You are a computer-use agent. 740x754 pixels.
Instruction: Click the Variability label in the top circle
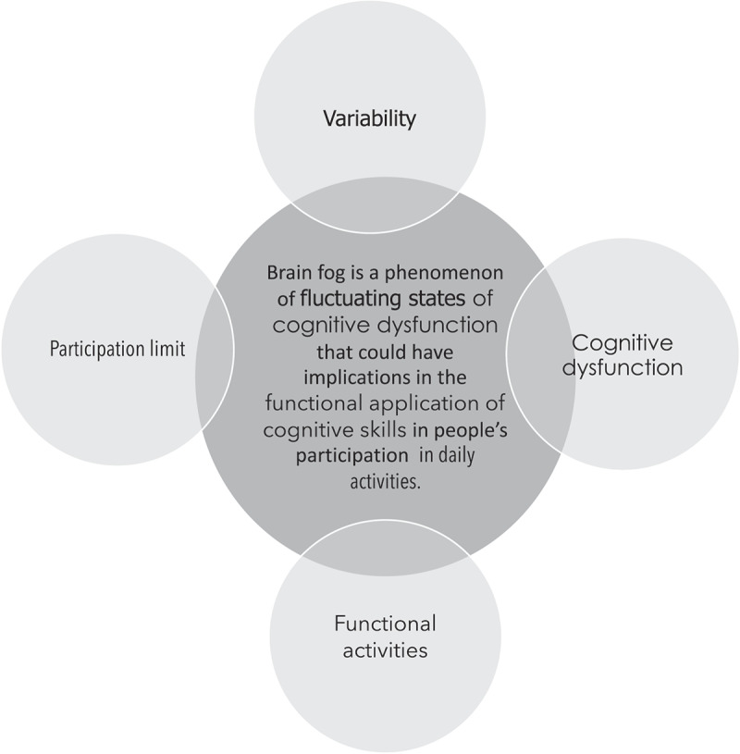coord(369,118)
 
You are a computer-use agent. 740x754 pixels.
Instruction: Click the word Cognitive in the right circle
coord(622,343)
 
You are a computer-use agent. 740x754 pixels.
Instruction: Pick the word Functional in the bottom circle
coord(385,624)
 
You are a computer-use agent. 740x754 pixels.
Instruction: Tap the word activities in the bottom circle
coord(385,649)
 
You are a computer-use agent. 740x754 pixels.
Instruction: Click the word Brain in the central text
coord(287,274)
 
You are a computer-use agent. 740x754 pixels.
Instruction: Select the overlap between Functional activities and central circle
coord(385,546)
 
